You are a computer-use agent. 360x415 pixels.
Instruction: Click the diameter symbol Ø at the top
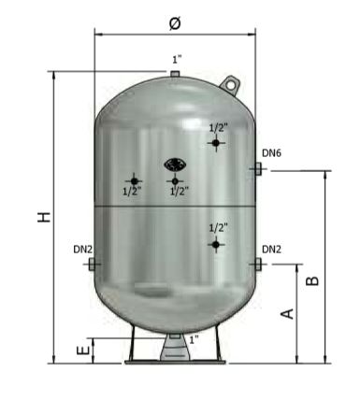[x=175, y=23]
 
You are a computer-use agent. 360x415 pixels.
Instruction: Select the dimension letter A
[x=288, y=314]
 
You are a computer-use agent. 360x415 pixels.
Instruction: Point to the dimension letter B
[x=312, y=281]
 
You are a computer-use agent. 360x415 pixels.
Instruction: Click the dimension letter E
[x=83, y=351]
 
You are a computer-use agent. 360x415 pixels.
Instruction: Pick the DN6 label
[x=271, y=153]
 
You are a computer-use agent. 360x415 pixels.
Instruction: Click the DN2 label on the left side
[x=83, y=250]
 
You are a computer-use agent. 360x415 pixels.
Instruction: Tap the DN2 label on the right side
[x=271, y=250]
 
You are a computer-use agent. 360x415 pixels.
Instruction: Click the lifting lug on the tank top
[x=230, y=85]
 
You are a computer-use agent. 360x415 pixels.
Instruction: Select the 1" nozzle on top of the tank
[x=175, y=74]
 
